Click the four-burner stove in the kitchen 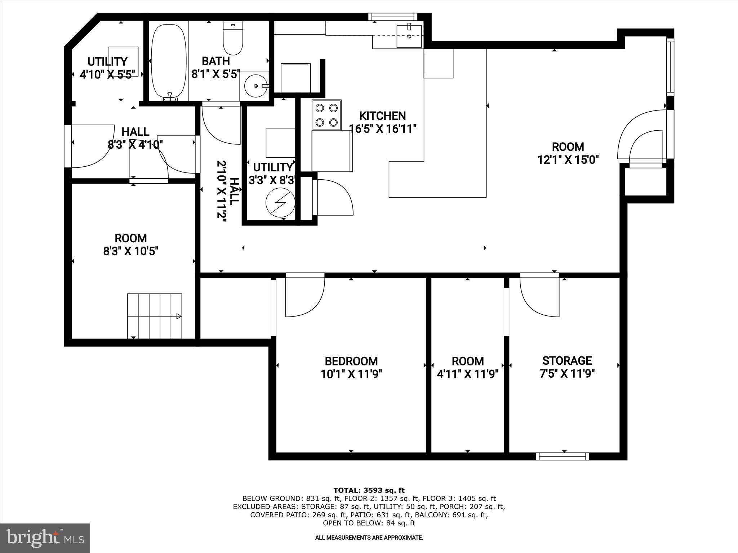coord(326,115)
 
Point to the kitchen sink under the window coord(409,36)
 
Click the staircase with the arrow coord(155,316)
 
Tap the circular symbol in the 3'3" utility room coord(280,202)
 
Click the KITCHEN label coord(382,116)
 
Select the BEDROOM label coord(351,361)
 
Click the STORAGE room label coord(567,360)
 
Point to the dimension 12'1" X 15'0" coord(568,159)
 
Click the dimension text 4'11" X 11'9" coord(467,374)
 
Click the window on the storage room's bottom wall coord(562,456)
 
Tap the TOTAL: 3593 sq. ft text coord(369,490)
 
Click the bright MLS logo coord(45,538)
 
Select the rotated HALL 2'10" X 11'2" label coord(227,189)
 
